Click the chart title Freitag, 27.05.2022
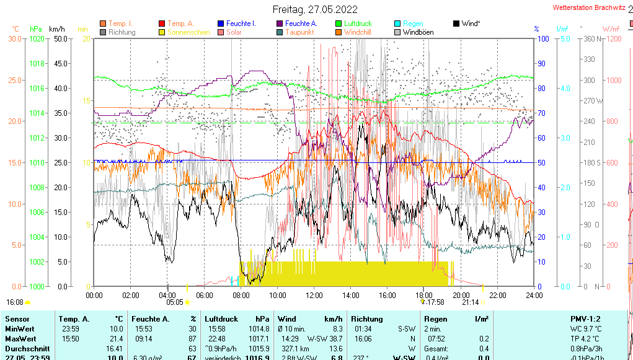point(315,9)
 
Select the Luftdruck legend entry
point(358,24)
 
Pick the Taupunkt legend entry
point(299,32)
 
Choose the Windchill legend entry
point(358,32)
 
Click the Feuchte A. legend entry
point(302,24)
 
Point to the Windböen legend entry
point(418,32)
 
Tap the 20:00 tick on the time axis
point(461,295)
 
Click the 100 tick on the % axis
point(543,38)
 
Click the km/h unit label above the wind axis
point(56,29)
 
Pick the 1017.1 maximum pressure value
point(262,338)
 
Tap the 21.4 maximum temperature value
point(116,338)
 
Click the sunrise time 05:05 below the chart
point(175,302)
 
